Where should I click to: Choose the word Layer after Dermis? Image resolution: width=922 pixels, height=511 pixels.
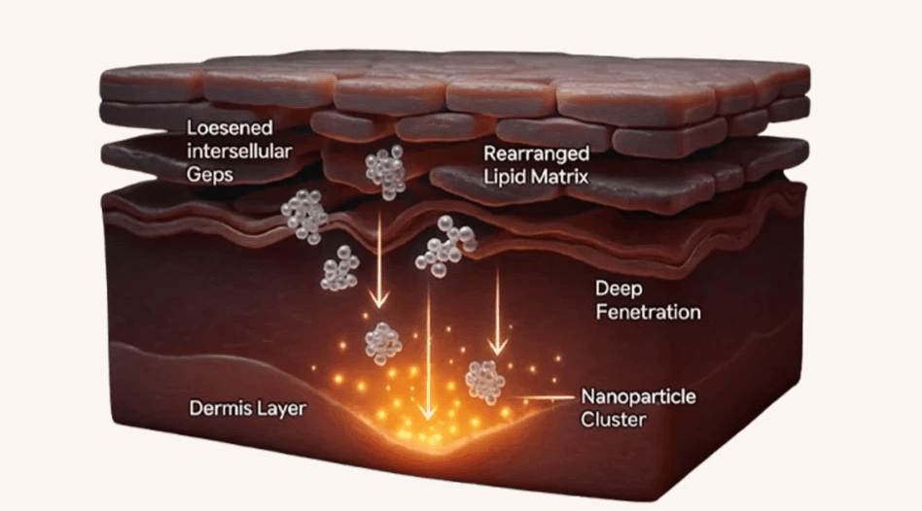pyautogui.click(x=280, y=409)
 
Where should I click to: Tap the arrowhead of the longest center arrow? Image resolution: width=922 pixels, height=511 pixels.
pyautogui.click(x=425, y=412)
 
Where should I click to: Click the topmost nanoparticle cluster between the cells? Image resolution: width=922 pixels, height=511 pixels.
pyautogui.click(x=385, y=170)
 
